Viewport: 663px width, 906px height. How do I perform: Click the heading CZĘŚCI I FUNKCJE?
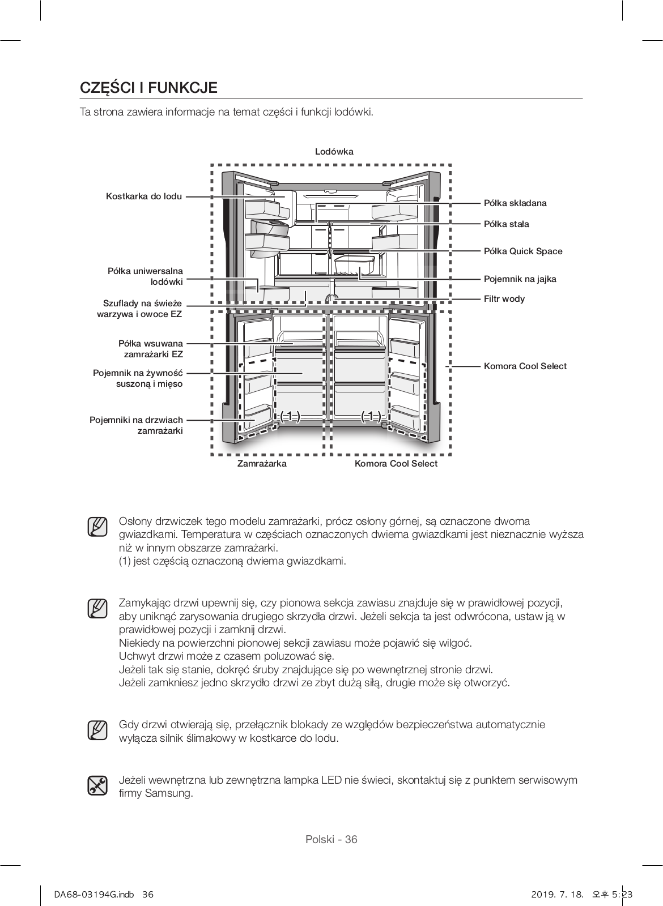point(148,88)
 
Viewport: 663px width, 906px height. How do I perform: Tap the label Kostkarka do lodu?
point(144,196)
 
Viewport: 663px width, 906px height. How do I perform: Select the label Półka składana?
point(515,203)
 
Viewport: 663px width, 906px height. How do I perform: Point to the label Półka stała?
point(506,224)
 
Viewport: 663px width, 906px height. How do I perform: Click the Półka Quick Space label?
point(523,251)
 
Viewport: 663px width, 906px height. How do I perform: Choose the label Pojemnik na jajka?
point(520,279)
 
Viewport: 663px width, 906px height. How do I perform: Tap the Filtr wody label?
point(504,298)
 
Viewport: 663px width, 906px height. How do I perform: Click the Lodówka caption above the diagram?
point(334,151)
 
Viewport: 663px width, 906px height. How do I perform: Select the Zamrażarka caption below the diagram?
point(261,463)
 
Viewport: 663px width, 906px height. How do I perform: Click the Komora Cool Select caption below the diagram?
point(396,463)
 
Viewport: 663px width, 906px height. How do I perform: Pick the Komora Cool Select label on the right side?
point(525,366)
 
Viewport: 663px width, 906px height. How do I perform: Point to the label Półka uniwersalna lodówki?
point(146,276)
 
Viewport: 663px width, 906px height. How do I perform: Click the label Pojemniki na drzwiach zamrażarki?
point(137,425)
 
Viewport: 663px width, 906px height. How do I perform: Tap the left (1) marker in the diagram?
point(290,416)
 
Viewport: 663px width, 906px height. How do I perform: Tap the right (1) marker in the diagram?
point(371,416)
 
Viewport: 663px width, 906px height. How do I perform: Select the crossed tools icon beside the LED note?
point(97,785)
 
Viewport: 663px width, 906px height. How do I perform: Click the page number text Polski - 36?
point(331,839)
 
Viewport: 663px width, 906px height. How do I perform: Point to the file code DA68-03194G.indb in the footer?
point(88,895)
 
